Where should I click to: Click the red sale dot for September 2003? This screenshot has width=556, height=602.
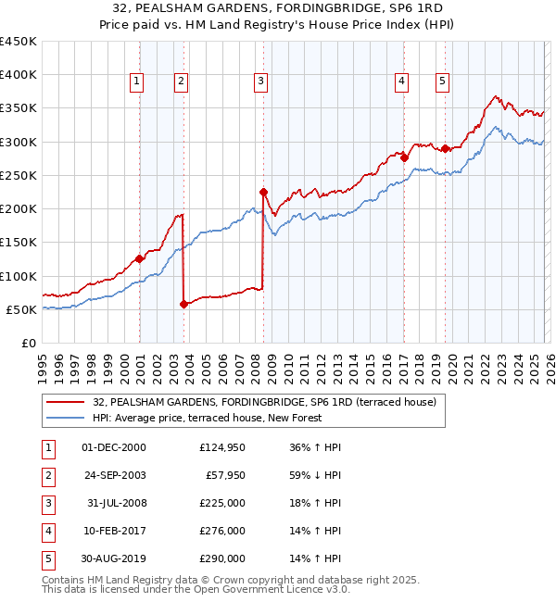(x=183, y=304)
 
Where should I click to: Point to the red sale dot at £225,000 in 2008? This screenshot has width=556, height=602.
(x=263, y=192)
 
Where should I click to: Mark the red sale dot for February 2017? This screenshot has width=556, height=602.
(x=404, y=157)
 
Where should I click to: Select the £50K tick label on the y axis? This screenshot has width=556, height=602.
(x=21, y=309)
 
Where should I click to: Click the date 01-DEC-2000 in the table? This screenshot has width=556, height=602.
(x=114, y=447)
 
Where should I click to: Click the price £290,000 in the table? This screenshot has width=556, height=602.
(x=222, y=558)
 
